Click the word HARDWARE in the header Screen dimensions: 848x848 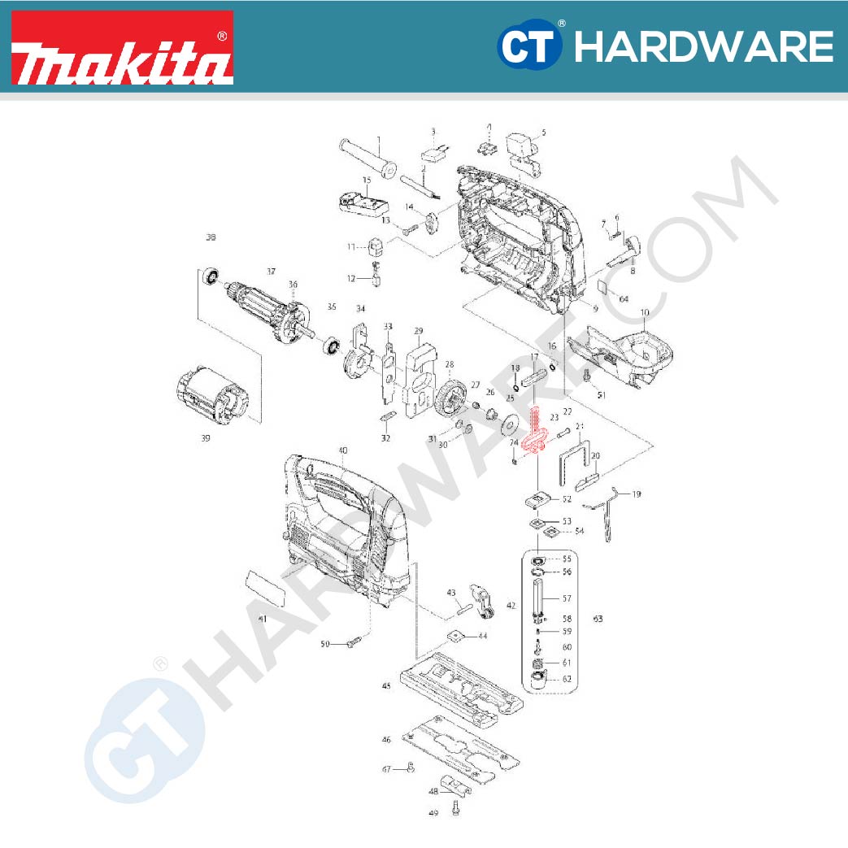coord(702,46)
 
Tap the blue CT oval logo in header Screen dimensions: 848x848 coord(529,46)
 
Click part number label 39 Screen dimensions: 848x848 coord(205,439)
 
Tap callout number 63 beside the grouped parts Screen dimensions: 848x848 coord(598,620)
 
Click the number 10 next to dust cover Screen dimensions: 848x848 coord(645,312)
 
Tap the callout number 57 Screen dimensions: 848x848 coord(568,598)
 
